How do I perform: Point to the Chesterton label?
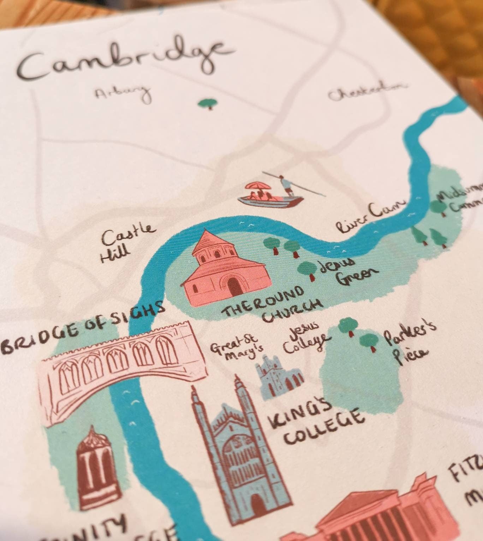[x=367, y=91]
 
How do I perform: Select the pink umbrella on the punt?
[x=260, y=186]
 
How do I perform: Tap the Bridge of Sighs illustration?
[x=120, y=367]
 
